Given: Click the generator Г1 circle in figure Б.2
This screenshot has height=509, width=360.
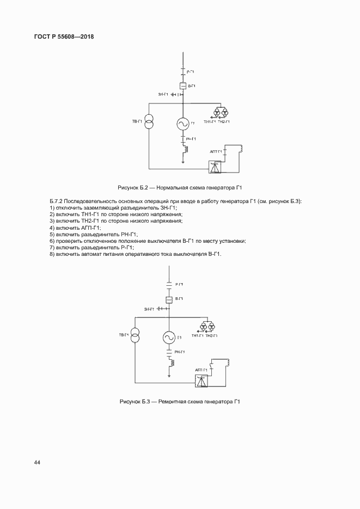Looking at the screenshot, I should [182, 125].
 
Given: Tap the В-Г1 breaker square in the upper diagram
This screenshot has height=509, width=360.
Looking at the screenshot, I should [183, 86].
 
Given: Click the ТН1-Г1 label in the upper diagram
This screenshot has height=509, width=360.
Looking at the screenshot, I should [210, 122].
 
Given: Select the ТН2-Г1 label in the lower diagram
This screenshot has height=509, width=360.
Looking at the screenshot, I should [211, 335].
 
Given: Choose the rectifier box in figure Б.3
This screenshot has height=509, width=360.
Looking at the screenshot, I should [202, 381].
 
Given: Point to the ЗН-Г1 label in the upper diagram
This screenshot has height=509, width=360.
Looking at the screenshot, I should [163, 95].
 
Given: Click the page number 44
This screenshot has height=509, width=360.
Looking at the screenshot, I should [37, 463].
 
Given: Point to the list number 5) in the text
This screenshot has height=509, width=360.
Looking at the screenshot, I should [51, 234].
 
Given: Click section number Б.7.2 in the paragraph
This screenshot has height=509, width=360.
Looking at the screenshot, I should [57, 201].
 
